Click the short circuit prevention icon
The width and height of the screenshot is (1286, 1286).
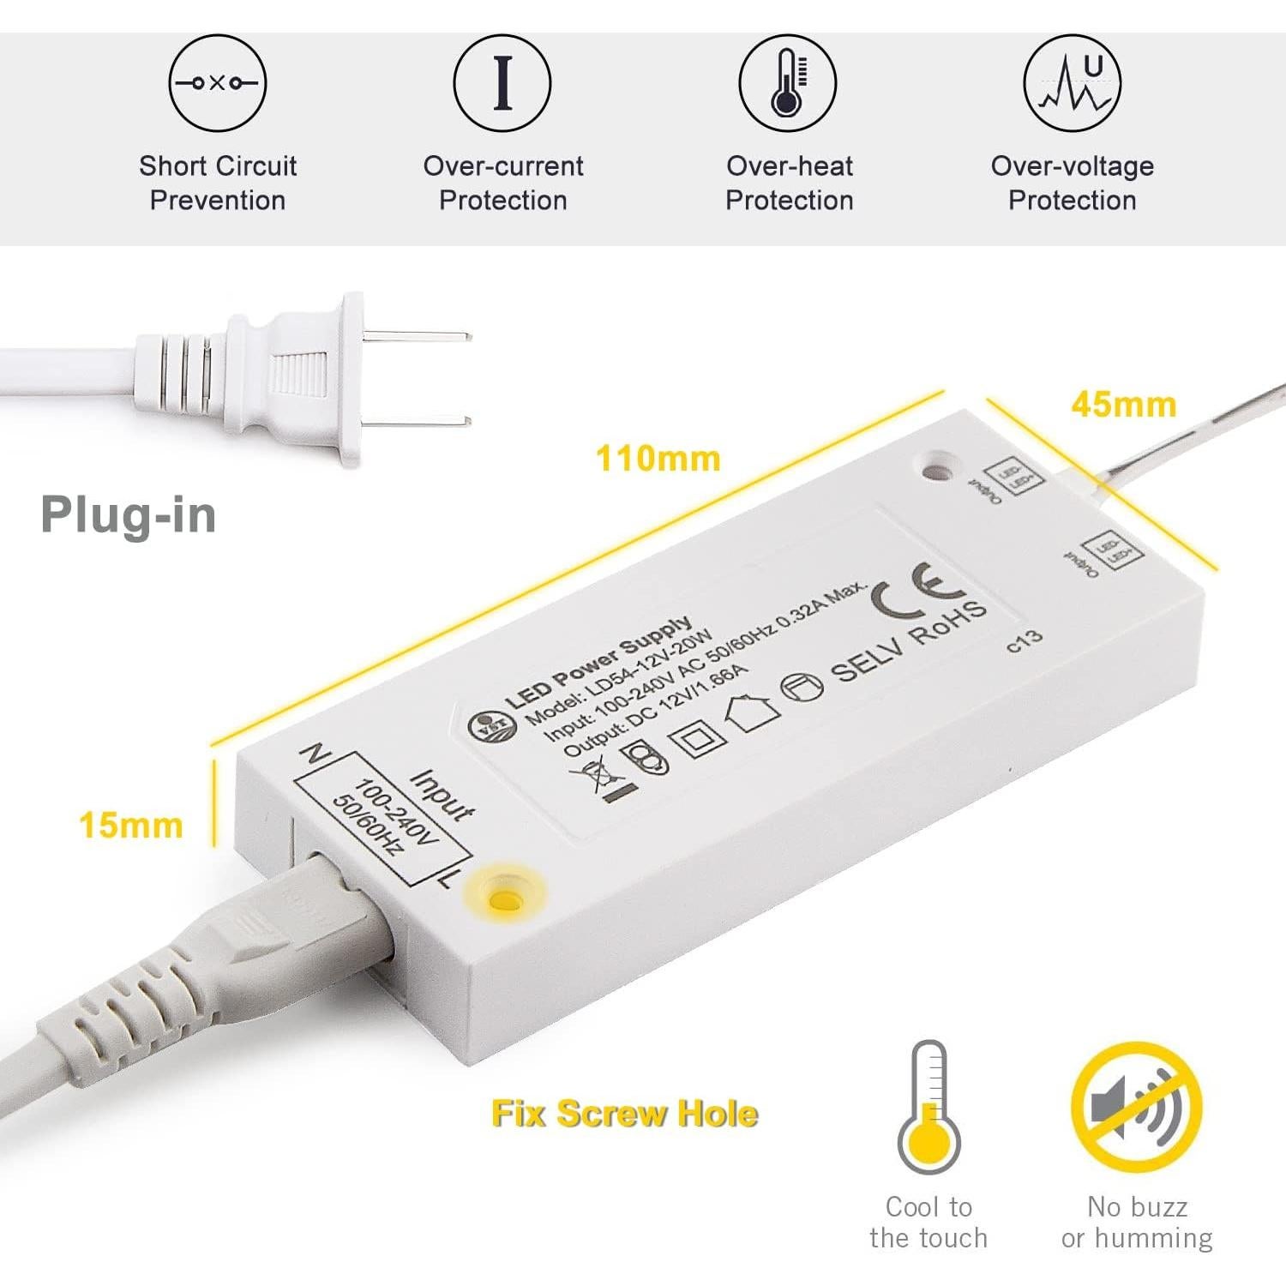217,83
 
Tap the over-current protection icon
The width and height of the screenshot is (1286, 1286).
502,83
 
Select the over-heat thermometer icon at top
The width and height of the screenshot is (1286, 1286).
787,83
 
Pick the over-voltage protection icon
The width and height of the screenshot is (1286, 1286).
1072,83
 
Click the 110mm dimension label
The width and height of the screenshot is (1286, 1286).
658,459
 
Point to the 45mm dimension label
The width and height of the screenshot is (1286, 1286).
1123,405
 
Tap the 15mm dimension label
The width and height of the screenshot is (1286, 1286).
131,826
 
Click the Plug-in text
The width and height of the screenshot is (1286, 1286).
129,515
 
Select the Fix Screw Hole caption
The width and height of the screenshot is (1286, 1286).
624,1114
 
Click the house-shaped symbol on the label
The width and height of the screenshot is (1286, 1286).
752,711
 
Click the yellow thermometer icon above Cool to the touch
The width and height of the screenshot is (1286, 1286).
928,1107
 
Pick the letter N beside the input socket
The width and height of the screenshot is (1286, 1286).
314,754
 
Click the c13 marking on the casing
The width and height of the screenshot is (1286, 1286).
1024,640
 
